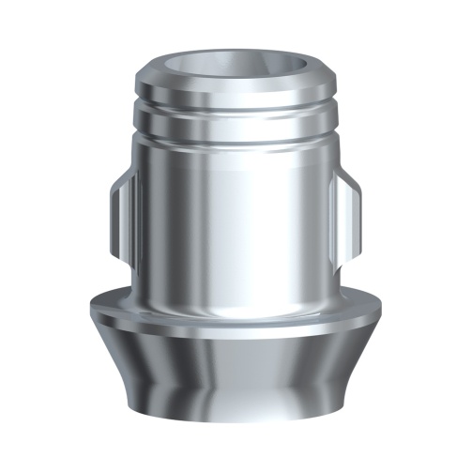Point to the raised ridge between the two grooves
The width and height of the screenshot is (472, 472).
[236, 119]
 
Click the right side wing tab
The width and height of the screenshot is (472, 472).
[352, 212]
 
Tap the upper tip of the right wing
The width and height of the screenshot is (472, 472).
[345, 173]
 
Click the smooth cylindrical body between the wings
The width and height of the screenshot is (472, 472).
[236, 216]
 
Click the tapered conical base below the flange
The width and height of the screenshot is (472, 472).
[236, 375]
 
